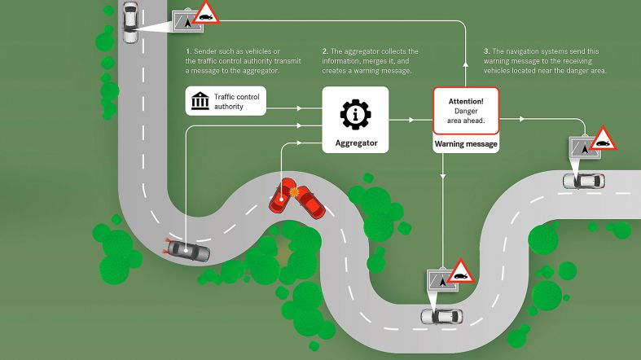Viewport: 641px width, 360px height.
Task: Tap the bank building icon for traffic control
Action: click(199, 101)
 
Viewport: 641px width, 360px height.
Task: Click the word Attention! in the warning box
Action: click(465, 100)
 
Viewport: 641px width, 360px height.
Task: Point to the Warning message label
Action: click(465, 143)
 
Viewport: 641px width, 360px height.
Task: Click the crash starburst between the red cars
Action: click(295, 193)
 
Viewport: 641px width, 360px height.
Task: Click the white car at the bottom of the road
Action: click(441, 315)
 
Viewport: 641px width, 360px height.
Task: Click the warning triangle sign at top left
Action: click(207, 13)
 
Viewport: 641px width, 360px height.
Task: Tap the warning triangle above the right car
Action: click(603, 139)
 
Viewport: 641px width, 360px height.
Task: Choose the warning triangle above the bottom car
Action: click(461, 271)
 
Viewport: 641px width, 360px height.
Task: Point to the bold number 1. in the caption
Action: click(188, 51)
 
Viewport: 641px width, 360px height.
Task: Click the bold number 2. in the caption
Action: click(325, 51)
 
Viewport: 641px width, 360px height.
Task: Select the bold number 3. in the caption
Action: click(486, 51)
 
